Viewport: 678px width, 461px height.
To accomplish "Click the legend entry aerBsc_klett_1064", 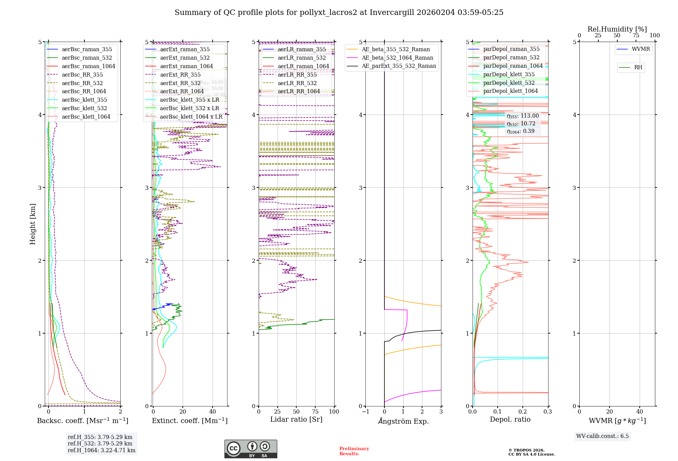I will tap(86, 117).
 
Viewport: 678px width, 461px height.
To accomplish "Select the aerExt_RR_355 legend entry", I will tap(180, 75).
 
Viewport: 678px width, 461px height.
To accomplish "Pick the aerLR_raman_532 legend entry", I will tap(302, 58).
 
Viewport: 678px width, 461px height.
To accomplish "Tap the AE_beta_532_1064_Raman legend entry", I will tap(397, 58).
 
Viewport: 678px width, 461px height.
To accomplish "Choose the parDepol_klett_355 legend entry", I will tap(509, 74).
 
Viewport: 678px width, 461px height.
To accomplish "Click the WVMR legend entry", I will tap(641, 49).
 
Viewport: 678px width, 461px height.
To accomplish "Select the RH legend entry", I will tap(638, 67).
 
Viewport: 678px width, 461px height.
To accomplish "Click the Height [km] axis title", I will tap(33, 224).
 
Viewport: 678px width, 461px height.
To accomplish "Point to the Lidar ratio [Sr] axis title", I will tap(296, 419).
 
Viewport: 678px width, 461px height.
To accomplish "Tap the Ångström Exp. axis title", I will tap(403, 421).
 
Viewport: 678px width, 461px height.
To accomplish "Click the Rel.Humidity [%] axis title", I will tap(617, 29).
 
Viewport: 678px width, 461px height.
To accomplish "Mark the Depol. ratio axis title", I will tap(510, 419).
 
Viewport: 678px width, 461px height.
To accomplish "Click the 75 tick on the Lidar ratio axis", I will tap(315, 412).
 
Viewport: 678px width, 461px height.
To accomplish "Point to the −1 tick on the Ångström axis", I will tap(365, 412).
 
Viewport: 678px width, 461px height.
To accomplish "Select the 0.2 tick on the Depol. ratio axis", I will tap(523, 412).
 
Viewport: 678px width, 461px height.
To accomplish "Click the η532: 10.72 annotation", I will tap(521, 124).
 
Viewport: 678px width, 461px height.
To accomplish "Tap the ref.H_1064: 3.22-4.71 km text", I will tap(101, 450).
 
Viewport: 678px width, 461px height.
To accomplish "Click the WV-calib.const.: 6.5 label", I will tap(602, 436).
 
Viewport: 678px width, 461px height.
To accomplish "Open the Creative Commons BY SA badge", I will tap(251, 449).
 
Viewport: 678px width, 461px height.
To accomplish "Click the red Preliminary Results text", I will tap(354, 451).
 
